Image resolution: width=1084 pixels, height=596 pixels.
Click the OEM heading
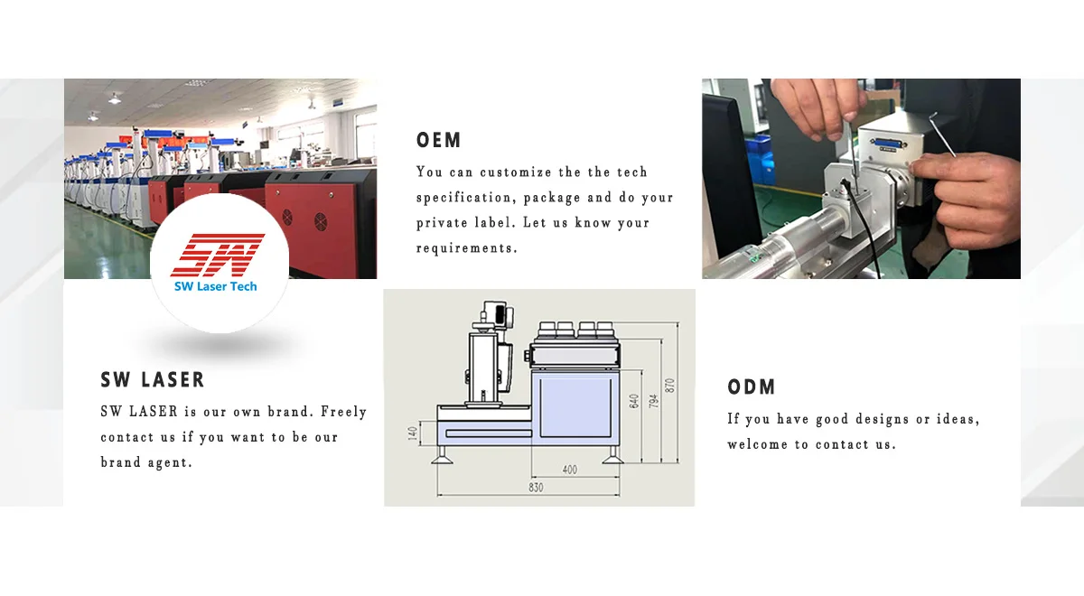click(438, 140)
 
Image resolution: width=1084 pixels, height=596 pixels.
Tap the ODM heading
click(752, 387)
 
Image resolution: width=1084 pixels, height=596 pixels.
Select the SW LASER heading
click(153, 380)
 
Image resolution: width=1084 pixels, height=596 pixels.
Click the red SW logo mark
click(218, 255)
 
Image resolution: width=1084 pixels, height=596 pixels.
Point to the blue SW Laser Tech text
click(215, 286)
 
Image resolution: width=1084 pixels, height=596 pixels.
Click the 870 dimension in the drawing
click(669, 386)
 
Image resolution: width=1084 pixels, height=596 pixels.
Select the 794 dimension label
click(653, 401)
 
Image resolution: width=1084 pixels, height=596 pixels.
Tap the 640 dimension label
click(634, 401)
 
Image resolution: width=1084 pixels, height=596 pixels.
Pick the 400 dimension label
click(570, 470)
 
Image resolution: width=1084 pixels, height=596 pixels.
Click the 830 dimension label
click(536, 487)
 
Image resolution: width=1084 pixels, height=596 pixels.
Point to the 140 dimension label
click(413, 433)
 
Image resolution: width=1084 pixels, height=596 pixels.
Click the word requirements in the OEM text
click(467, 248)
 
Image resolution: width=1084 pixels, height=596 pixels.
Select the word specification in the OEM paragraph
click(464, 198)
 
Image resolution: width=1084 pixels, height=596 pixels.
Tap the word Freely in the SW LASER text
click(343, 412)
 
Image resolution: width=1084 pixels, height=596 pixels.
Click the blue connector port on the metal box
click(889, 143)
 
